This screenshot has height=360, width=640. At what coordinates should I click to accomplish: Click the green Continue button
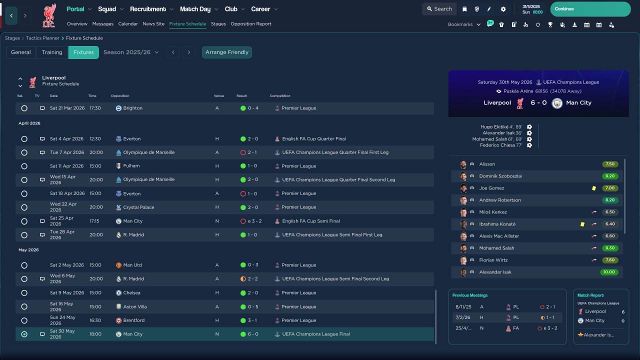click(590, 9)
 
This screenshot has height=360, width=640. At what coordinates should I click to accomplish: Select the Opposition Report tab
click(251, 23)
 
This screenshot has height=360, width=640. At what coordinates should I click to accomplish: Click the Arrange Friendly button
click(227, 52)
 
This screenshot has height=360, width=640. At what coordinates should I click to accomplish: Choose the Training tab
click(52, 52)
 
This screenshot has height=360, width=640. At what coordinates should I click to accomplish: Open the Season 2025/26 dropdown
click(131, 52)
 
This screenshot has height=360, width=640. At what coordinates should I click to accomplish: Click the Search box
click(439, 9)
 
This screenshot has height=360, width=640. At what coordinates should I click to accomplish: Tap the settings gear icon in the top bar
click(503, 9)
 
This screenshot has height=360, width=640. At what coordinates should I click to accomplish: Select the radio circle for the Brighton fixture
click(24, 108)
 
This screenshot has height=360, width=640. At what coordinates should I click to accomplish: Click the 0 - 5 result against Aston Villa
click(253, 307)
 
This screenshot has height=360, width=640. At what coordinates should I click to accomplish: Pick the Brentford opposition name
click(133, 320)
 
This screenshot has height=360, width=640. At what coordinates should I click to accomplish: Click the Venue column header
click(219, 95)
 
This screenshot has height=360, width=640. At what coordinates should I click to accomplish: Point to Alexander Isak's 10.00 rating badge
click(609, 272)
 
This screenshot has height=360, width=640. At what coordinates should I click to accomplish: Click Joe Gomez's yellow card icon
click(593, 188)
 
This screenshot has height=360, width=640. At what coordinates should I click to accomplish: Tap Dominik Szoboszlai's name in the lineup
click(500, 176)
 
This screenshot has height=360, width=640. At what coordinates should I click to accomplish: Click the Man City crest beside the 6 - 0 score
click(557, 103)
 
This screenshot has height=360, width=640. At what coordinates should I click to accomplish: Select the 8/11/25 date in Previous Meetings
click(463, 307)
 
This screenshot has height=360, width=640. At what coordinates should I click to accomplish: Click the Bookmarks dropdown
click(464, 24)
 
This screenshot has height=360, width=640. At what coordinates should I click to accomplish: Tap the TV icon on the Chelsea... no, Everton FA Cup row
click(42, 139)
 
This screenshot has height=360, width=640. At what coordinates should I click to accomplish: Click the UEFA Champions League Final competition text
click(315, 334)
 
